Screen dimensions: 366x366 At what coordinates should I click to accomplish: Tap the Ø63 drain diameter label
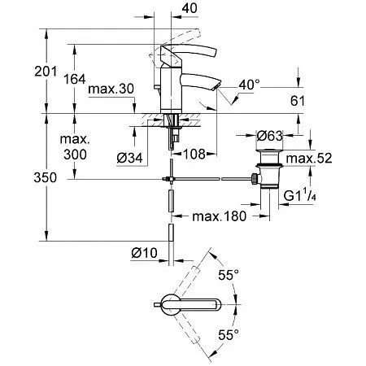tap(269, 135)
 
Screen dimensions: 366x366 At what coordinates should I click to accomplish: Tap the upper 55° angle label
tap(233, 276)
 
